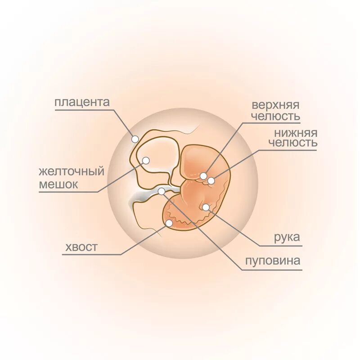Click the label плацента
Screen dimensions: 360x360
82,102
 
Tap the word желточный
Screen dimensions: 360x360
72,172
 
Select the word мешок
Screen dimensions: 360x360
58,184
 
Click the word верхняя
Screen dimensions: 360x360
275,105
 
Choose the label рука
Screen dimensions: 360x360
287,238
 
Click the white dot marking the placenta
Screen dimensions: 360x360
135,139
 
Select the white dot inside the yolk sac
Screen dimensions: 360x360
146,161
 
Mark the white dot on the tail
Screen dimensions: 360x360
169,223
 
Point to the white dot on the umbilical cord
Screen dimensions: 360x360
162,191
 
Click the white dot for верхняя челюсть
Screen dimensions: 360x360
204,176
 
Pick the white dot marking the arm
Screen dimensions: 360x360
206,207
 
